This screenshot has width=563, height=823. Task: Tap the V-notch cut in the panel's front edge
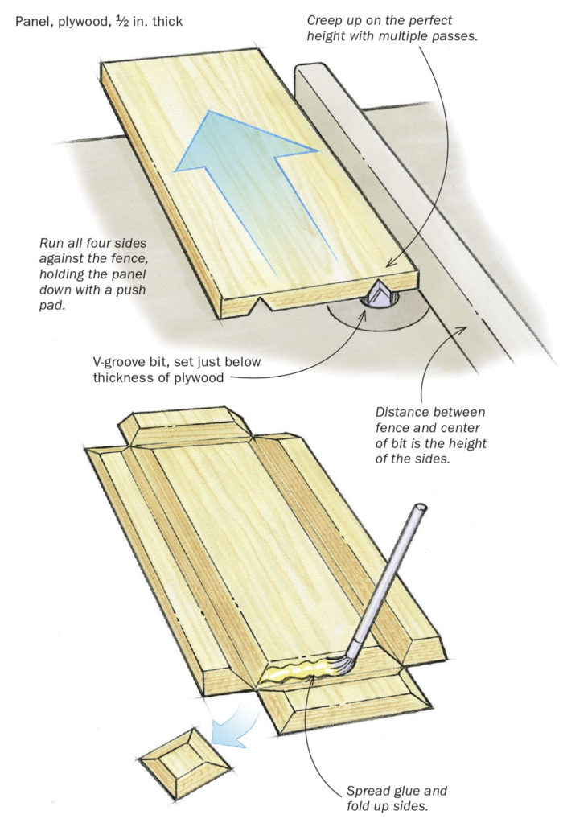(x=257, y=305)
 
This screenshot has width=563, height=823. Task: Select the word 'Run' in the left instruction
(x=50, y=243)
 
